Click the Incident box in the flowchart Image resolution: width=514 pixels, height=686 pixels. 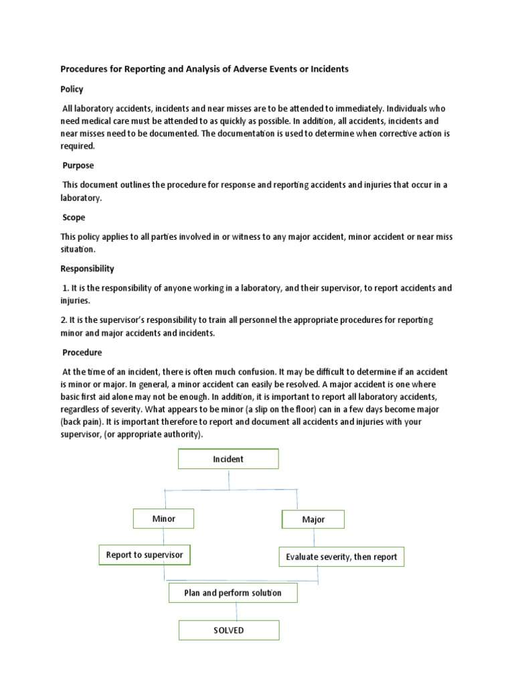click(x=228, y=459)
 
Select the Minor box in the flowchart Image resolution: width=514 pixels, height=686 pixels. click(x=163, y=519)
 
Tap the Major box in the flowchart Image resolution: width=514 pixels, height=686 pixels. click(x=313, y=519)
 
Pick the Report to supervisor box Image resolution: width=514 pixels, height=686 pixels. click(x=144, y=555)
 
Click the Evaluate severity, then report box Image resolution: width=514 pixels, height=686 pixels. click(x=341, y=557)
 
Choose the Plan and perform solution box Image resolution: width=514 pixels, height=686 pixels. click(x=233, y=593)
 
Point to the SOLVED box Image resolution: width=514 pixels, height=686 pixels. click(x=228, y=630)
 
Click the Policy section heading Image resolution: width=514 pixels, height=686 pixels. click(x=72, y=89)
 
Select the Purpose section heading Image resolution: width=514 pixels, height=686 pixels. click(x=78, y=165)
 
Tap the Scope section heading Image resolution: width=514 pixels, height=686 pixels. click(x=73, y=217)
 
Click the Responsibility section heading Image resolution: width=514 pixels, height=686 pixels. click(x=88, y=269)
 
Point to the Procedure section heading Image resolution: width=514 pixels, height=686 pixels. click(x=82, y=352)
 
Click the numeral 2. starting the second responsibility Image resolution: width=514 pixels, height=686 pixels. click(x=64, y=320)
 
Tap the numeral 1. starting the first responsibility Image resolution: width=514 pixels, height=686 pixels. click(x=66, y=288)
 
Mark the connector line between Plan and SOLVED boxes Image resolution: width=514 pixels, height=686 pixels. click(x=236, y=612)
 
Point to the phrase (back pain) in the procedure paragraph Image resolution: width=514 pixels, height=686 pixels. click(x=82, y=422)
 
